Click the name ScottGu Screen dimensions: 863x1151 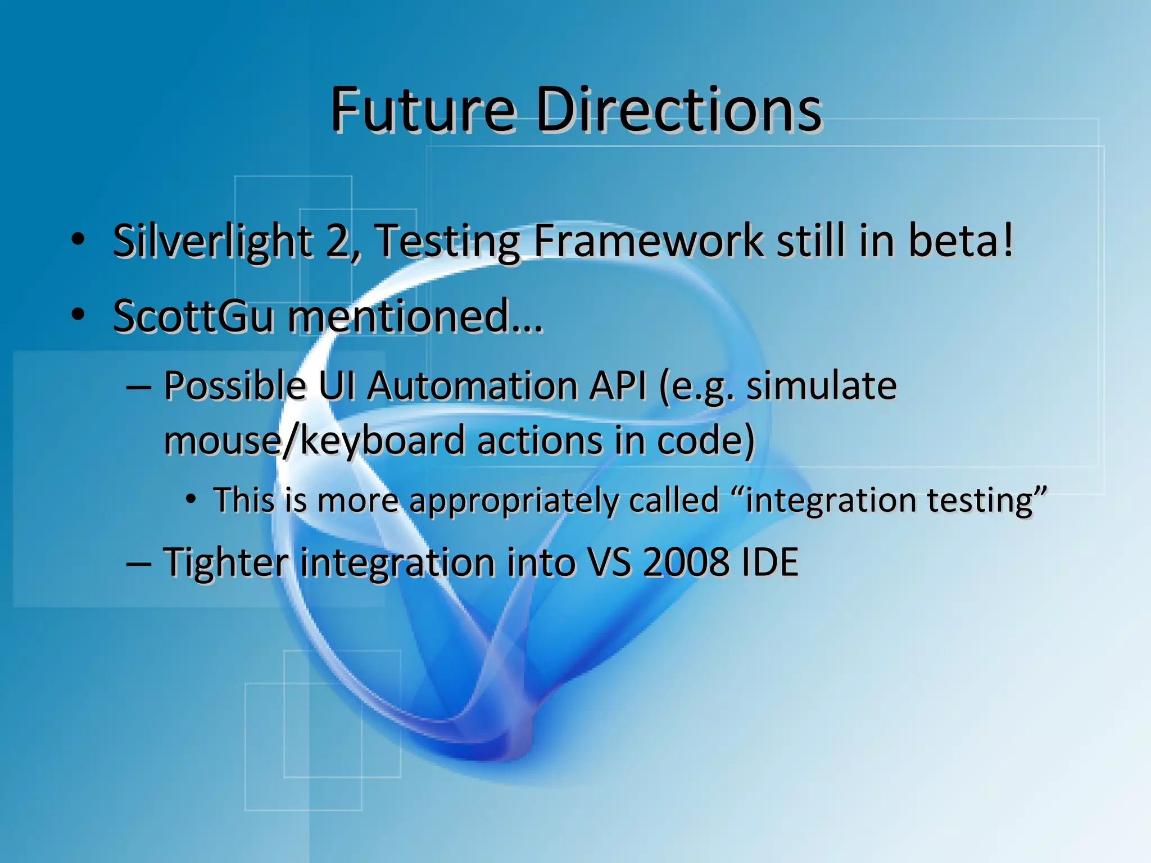click(193, 316)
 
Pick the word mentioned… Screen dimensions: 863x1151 click(415, 316)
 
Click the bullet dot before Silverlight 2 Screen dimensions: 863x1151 click(78, 240)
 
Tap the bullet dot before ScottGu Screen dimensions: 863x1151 click(78, 315)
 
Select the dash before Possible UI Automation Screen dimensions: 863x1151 click(138, 388)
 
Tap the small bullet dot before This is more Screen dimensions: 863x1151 click(191, 499)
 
